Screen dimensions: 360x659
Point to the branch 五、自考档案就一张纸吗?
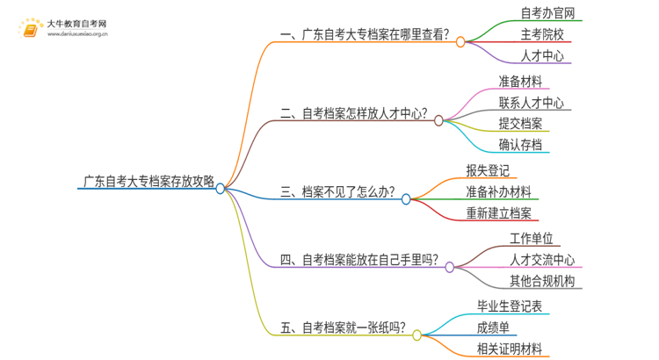(342, 329)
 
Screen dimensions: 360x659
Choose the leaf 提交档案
(520, 124)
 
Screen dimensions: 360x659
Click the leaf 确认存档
(520, 145)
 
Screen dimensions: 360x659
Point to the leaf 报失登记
(488, 170)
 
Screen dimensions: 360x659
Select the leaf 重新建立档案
(498, 212)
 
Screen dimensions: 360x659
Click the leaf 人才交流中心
(542, 260)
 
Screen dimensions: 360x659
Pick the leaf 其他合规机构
(542, 281)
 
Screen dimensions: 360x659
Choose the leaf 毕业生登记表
(509, 306)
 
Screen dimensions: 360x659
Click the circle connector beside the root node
(221, 188)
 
